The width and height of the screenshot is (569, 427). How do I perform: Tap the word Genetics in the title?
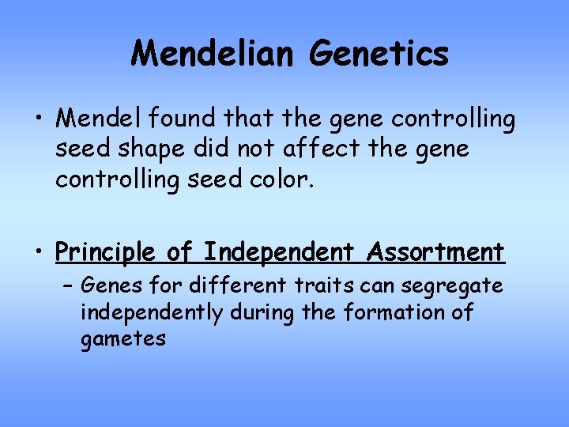(x=379, y=54)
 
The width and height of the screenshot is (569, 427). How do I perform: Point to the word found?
(x=175, y=119)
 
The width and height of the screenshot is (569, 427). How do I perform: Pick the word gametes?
(x=123, y=340)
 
